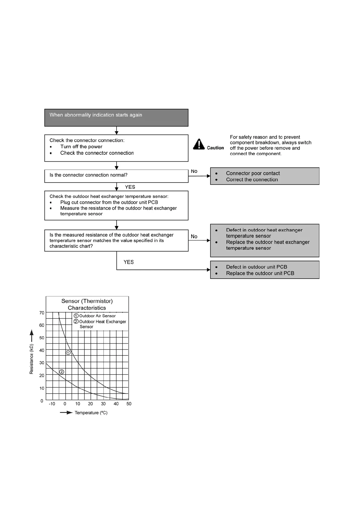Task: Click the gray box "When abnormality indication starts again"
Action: [x=116, y=118]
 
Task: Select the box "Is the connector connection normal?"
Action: [x=116, y=176]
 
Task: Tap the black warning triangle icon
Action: [x=199, y=144]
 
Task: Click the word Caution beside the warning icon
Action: [x=215, y=148]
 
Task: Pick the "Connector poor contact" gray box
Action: [x=265, y=176]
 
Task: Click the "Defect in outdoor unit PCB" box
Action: [x=265, y=270]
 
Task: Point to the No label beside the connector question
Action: [x=194, y=171]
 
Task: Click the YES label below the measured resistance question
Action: [x=129, y=262]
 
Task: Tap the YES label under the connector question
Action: [x=130, y=187]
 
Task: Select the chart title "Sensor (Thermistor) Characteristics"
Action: [x=87, y=304]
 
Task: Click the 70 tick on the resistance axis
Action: [x=42, y=313]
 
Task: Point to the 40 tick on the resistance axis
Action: [x=42, y=350]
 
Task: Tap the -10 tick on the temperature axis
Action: [x=52, y=404]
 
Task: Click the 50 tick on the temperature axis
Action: [x=129, y=404]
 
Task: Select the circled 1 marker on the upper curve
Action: [x=68, y=353]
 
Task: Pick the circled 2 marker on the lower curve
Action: [x=62, y=372]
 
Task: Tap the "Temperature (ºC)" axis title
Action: [x=91, y=413]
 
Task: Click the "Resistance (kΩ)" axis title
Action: [x=31, y=359]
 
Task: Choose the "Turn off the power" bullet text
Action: [x=81, y=147]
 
